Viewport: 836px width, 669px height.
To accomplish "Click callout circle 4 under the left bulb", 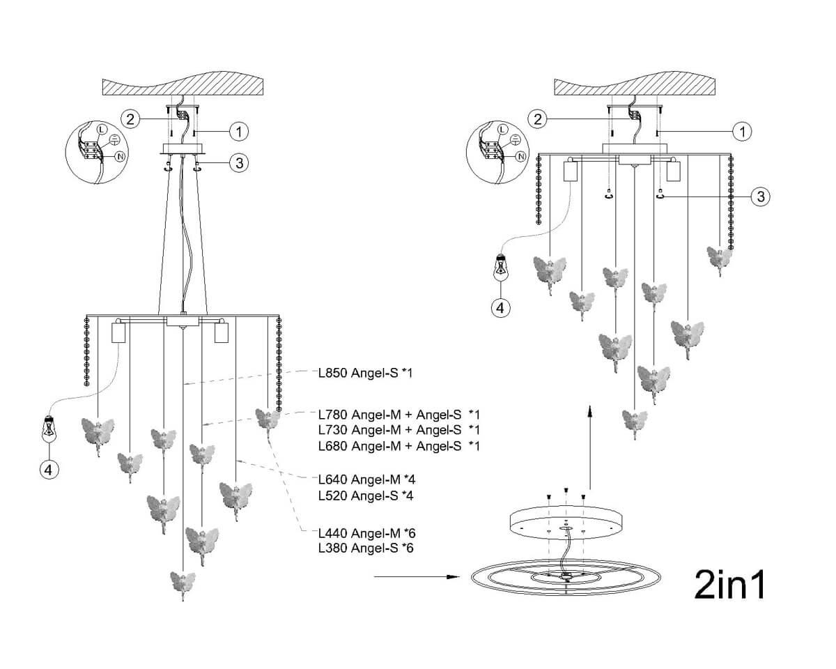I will tap(48, 470).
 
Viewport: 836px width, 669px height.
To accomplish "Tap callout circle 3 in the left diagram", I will tap(239, 163).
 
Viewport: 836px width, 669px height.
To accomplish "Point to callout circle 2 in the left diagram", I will tap(129, 118).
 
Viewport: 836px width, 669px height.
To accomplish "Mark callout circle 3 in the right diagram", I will tap(760, 197).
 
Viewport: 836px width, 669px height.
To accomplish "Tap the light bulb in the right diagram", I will tap(501, 268).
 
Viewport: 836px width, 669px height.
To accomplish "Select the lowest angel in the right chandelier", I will tap(634, 422).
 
